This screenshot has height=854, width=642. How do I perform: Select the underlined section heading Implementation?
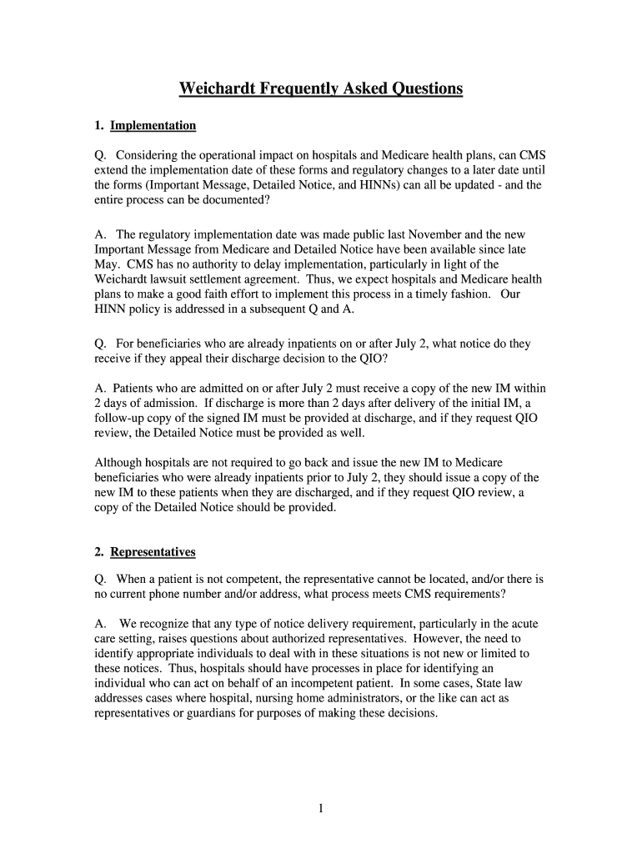coord(153,126)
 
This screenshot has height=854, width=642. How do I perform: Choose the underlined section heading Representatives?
coord(153,552)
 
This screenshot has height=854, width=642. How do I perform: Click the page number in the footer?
coord(320,808)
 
